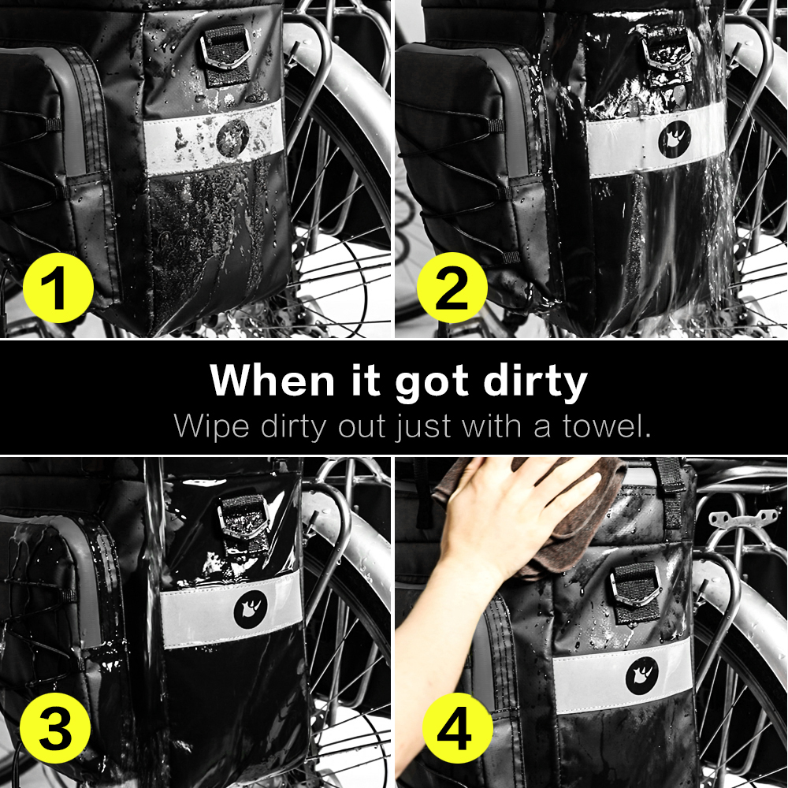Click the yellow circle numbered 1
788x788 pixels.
point(58,288)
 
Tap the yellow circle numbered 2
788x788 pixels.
point(452,288)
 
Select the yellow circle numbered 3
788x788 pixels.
point(55,727)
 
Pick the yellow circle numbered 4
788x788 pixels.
point(457,727)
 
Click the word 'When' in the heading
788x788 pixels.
point(272,380)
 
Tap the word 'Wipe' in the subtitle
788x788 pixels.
point(211,427)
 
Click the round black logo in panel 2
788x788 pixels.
point(675,139)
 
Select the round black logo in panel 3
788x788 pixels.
point(251,609)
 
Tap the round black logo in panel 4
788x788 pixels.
point(642,675)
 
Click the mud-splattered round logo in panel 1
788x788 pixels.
point(232,137)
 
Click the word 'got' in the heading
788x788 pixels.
point(432,385)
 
